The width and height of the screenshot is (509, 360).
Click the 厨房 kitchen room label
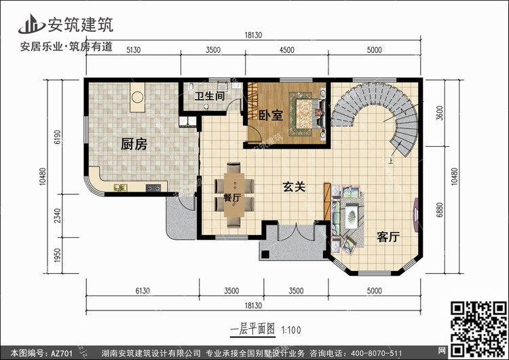(134, 144)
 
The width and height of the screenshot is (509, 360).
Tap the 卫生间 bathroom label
(210, 96)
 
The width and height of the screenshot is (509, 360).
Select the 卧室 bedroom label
(271, 115)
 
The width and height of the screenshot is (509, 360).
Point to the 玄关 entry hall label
(294, 187)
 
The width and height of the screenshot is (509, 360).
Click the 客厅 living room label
(388, 237)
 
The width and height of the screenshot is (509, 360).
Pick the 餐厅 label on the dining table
(232, 197)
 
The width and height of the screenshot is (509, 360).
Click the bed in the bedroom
(308, 113)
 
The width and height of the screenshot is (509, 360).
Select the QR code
(478, 329)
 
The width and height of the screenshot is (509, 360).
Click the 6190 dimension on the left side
(58, 137)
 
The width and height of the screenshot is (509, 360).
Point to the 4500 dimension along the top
(286, 50)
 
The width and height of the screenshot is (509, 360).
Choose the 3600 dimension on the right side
(439, 113)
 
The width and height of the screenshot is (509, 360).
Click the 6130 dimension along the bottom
(143, 291)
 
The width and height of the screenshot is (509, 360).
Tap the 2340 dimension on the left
(58, 216)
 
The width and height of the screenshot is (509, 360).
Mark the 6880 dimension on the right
(439, 210)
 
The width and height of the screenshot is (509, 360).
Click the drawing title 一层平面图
(252, 329)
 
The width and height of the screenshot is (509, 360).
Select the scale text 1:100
(291, 330)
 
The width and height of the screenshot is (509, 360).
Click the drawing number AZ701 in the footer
(62, 353)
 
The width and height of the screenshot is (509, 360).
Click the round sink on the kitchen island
(137, 97)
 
